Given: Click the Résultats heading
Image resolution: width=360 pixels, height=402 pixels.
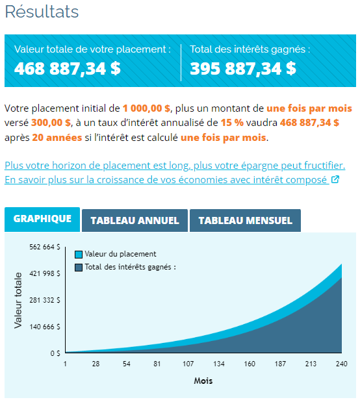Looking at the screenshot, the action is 42,12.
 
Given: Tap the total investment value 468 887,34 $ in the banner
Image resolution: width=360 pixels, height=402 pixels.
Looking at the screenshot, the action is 67,69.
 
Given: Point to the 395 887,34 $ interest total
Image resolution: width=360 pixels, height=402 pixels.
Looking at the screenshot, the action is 243,69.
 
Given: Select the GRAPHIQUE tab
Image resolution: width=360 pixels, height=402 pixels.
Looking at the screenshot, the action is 42,220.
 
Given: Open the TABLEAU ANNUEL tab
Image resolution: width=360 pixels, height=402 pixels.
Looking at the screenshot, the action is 135,221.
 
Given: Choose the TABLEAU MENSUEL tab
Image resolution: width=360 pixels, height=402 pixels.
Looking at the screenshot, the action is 245,221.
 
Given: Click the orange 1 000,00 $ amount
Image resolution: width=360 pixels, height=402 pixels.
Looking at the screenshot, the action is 146,108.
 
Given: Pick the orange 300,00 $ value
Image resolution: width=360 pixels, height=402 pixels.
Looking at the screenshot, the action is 51,123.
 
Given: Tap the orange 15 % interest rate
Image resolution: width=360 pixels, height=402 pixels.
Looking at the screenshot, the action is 232,123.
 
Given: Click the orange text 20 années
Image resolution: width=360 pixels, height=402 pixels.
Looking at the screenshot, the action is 57,138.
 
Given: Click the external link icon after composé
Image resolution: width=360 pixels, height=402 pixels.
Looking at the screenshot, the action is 335,179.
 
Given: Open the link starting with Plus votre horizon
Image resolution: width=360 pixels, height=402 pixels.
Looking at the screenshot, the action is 175,166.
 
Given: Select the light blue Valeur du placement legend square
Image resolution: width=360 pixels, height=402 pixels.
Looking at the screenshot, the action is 79,255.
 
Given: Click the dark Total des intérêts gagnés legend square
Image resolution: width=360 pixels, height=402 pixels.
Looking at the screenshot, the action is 79,268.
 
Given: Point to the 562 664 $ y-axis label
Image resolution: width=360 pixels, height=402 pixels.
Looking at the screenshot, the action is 45,247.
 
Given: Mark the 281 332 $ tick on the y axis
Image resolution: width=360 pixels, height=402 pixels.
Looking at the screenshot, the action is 45,300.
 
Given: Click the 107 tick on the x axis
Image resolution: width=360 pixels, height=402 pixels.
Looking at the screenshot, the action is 188,364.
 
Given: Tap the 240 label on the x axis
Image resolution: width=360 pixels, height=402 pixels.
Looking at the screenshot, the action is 342,364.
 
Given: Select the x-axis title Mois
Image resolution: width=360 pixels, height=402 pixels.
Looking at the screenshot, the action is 203,381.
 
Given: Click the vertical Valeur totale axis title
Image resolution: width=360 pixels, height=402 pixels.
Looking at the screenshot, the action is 18,300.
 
